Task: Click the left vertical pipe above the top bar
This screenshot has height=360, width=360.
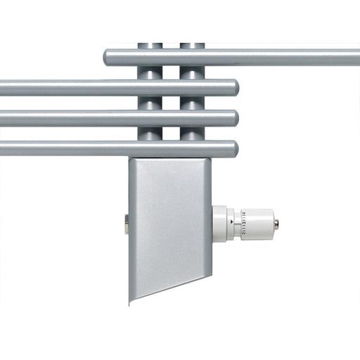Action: tap(149, 46)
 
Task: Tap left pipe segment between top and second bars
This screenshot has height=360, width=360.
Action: tap(149, 72)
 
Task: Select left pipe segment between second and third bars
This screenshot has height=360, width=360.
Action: tap(149, 103)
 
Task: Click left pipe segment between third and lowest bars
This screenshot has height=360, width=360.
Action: tap(149, 134)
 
